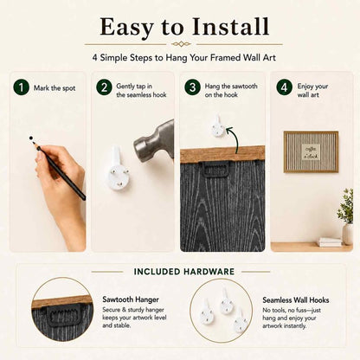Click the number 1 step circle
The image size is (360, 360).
[21, 87]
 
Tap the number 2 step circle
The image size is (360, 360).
[104, 87]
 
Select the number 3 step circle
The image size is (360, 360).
[192, 87]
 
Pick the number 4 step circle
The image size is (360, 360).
[285, 87]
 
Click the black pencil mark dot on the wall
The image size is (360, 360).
[31, 138]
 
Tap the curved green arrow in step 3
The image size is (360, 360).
[234, 138]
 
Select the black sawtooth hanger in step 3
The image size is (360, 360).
[215, 170]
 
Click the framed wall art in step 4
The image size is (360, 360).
[311, 151]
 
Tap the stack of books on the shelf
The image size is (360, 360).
[331, 242]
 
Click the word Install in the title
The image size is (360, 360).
[231, 27]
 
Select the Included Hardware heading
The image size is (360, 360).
[184, 272]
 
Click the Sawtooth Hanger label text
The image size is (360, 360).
[131, 299]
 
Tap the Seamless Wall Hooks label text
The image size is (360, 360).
[296, 300]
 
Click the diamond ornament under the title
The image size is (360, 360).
[181, 44]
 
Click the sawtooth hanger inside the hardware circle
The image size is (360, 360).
[63, 316]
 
